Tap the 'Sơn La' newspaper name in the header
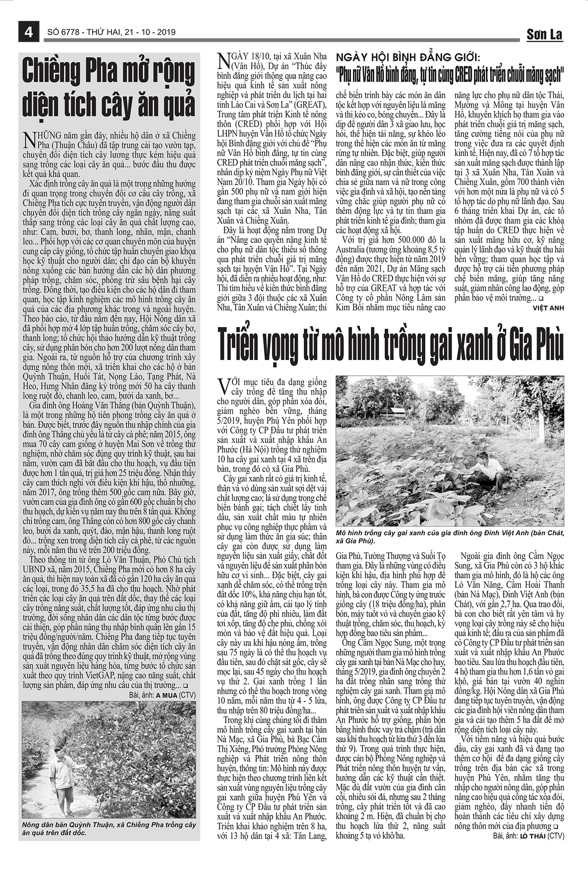click(x=544, y=34)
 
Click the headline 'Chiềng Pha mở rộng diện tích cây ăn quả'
click(x=109, y=88)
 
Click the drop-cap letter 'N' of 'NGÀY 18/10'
click(x=223, y=60)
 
